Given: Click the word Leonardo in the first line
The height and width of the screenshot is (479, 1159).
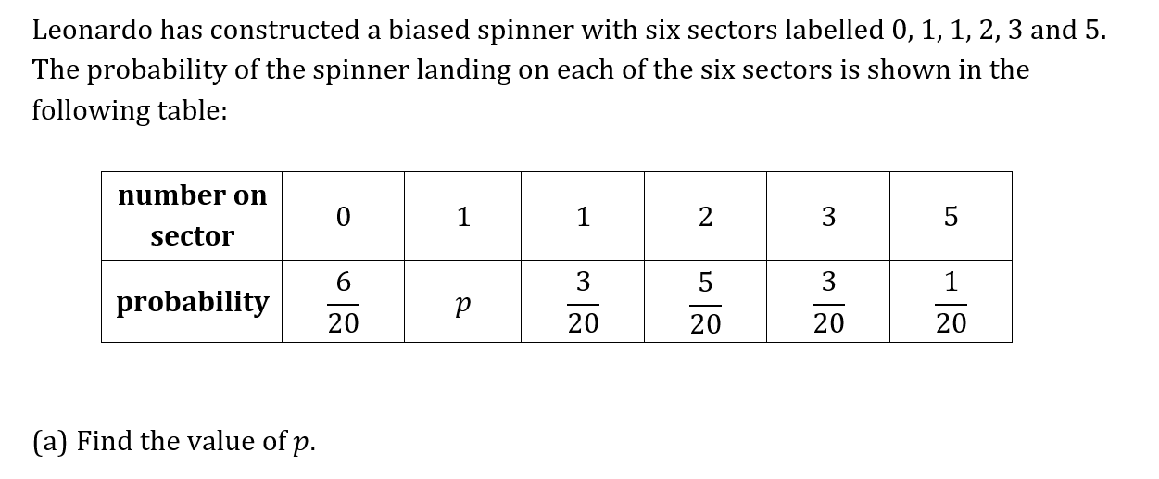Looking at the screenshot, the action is [92, 30].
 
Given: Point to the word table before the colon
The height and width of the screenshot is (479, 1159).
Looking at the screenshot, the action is [192, 110].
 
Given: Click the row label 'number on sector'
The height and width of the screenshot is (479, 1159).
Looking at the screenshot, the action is [192, 216].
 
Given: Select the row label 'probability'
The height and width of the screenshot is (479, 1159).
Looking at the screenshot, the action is [192, 302].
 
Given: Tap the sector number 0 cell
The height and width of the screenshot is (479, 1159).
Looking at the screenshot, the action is [343, 216].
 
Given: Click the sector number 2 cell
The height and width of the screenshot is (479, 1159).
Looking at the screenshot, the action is [705, 216].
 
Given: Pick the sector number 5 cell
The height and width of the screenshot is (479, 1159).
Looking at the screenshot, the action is [951, 216].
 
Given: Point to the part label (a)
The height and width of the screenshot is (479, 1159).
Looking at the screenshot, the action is [50, 442].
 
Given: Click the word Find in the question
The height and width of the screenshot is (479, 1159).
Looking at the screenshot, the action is [105, 441].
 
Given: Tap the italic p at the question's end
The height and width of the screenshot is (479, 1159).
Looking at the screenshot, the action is [300, 444].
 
